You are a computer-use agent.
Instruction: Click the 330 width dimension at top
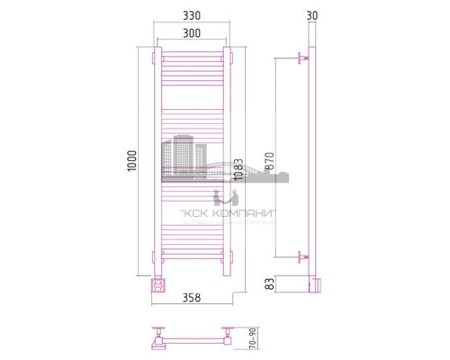coord(193,16)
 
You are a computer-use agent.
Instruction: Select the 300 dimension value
coord(193,32)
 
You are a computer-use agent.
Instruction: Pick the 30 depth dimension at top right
coord(311,15)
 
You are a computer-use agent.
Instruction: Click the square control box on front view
coord(158,286)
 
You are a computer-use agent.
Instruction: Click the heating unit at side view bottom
coord(312,283)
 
